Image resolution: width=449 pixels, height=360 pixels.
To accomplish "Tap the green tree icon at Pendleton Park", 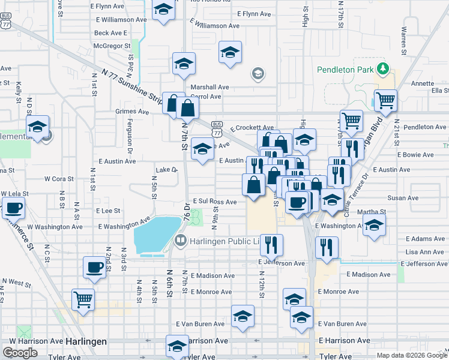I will point(381,68).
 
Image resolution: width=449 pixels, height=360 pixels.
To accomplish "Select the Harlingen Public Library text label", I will point(224,241).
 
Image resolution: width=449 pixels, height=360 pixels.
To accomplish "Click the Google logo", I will point(20,353).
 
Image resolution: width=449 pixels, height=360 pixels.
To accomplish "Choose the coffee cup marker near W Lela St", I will point(13,208).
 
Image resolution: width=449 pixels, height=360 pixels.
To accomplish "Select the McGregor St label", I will point(112,46).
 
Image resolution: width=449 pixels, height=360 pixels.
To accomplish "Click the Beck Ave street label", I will point(109,33).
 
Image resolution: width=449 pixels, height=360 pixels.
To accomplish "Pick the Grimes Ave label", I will point(132,112).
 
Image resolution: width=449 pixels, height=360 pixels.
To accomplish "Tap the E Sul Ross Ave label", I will point(214,202).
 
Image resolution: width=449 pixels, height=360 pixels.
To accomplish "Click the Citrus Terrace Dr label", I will point(357,196).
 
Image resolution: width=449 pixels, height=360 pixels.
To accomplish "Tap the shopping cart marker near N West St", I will point(82,298).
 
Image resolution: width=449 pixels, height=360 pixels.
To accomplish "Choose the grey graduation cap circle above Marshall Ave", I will point(258,74).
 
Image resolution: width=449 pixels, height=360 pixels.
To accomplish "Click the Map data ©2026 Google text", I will point(411,355).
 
